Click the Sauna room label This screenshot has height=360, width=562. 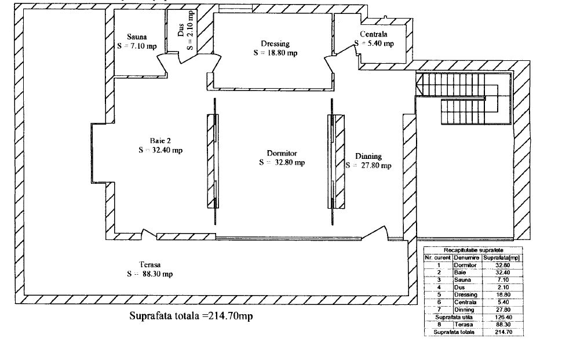click(x=137, y=37)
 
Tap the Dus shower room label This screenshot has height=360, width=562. click(x=181, y=30)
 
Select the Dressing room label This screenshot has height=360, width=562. click(x=275, y=43)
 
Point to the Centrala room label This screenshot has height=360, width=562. click(x=374, y=34)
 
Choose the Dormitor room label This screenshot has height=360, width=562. click(x=282, y=153)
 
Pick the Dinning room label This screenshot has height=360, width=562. click(x=368, y=156)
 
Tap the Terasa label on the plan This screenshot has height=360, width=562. click(x=150, y=264)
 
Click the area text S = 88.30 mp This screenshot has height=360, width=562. click(x=150, y=274)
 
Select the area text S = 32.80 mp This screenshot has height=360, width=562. click(x=282, y=162)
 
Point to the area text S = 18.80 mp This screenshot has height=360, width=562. click(x=275, y=53)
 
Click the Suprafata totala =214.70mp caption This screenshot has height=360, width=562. click(x=191, y=316)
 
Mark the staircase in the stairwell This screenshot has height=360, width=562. click(x=463, y=99)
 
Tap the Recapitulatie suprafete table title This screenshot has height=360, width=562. click(x=473, y=250)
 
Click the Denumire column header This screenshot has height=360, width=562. click(x=466, y=258)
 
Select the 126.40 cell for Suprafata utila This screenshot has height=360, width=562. click(x=503, y=317)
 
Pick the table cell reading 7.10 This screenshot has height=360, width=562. click(x=503, y=280)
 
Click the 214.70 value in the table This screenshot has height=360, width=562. click(x=503, y=332)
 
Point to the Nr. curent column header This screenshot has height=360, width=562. click(x=437, y=258)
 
